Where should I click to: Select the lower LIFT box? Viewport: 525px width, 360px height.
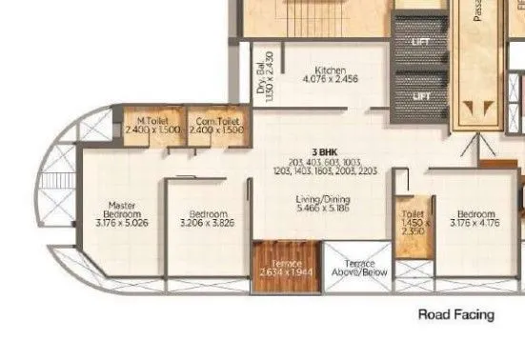pyautogui.click(x=419, y=96)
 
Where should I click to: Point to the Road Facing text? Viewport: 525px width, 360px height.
pyautogui.click(x=456, y=314)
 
